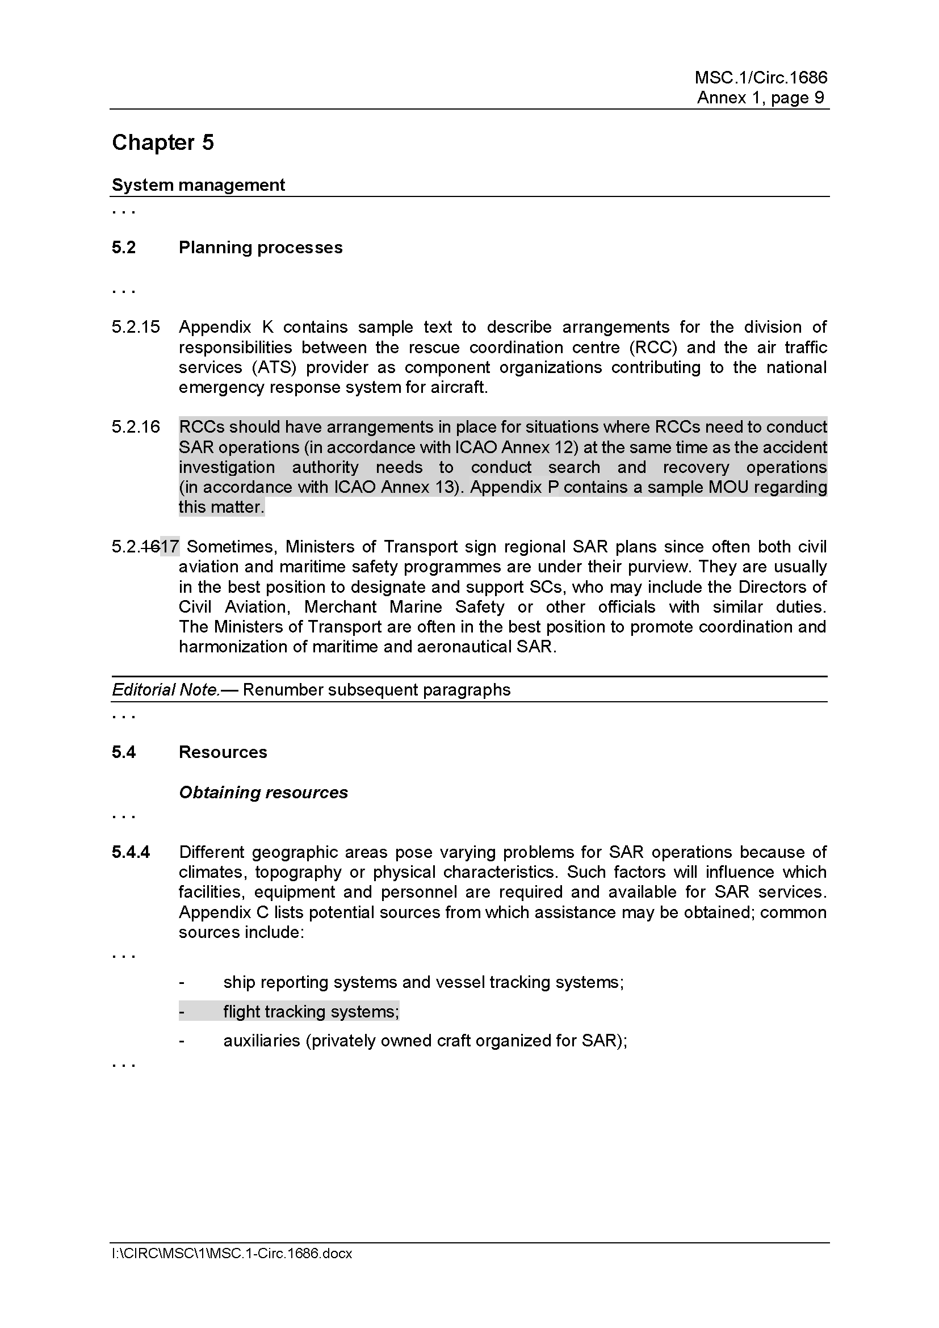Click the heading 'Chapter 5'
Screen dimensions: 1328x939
pos(162,143)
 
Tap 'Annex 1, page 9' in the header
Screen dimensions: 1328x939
pos(760,97)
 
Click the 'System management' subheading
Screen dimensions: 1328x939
pos(198,185)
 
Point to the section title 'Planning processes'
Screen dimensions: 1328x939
pos(260,248)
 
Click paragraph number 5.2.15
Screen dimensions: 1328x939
pos(135,327)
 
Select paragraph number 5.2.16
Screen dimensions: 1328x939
pos(135,427)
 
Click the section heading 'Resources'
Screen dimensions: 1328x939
pos(223,752)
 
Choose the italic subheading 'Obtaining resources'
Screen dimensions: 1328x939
pos(263,793)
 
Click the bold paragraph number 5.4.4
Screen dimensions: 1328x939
pos(131,852)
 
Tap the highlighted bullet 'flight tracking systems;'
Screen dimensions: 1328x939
pos(311,1011)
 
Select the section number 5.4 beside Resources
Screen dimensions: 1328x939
pos(124,752)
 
